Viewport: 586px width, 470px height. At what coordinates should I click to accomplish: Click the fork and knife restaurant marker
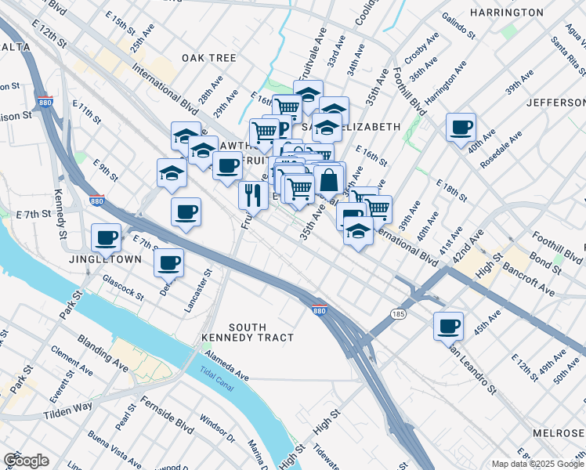253,194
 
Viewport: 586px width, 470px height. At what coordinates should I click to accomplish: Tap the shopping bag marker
328,180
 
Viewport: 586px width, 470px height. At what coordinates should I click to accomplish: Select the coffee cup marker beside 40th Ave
461,127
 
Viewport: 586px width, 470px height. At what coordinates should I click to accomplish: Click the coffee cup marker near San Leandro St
449,325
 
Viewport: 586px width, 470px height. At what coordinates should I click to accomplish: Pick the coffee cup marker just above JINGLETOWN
106,237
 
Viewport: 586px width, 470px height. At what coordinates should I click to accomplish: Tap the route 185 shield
399,313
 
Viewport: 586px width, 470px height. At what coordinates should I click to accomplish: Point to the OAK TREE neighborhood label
209,58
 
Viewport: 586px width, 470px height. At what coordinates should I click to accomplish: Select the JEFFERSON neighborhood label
555,103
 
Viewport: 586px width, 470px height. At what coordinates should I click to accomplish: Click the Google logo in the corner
26,461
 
